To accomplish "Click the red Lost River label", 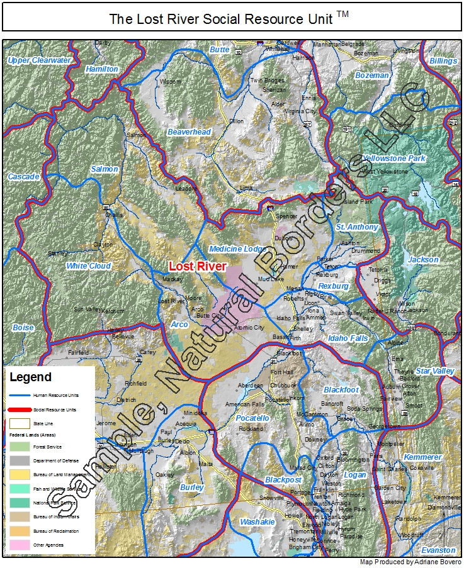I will coord(197,267).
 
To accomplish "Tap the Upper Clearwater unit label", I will coord(39,60).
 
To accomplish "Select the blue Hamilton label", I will coord(102,69).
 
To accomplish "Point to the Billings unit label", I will coord(443,61).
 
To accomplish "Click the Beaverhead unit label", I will coord(189,132).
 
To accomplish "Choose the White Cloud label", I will coord(89,266).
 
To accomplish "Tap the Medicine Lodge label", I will coord(238,249).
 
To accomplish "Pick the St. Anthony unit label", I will coord(357,226).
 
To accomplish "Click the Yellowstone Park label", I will coord(394,159).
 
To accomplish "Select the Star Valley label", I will coord(434,371).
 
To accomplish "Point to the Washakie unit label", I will coord(257,522).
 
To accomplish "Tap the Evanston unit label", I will coord(438,550).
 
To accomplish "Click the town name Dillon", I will coord(236,121).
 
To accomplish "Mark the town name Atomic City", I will coord(249,328).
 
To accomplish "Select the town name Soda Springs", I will coord(365,409).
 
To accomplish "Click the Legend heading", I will coord(31,377).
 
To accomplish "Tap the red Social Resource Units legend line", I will coord(20,409).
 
